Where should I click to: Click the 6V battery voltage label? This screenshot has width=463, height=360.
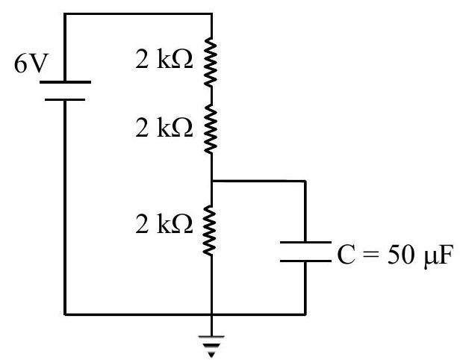coord(31,64)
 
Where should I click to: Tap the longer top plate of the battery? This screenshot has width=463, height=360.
coord(65,82)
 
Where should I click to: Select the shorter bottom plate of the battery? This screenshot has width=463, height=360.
coord(65,100)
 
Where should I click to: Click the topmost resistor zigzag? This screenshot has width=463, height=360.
coord(211,62)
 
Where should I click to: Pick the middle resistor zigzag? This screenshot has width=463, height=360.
coord(211,129)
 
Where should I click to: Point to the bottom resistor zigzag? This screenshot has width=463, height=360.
coord(210,230)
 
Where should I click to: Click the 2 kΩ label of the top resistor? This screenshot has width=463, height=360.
coord(164,59)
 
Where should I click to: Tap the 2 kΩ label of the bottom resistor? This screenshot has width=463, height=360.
coord(164,224)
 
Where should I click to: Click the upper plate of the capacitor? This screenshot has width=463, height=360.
coord(305,243)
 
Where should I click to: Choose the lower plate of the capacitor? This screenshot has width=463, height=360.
coord(305,261)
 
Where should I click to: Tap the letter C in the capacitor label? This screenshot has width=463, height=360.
coord(346,255)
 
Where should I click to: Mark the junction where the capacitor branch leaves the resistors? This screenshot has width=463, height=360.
coord(212,181)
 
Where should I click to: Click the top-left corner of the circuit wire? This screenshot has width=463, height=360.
coord(65,14)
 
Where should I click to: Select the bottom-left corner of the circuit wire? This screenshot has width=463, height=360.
coord(65,314)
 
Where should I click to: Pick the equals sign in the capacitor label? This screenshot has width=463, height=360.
coord(370,255)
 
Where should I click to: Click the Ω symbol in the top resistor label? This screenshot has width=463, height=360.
coord(182,60)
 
